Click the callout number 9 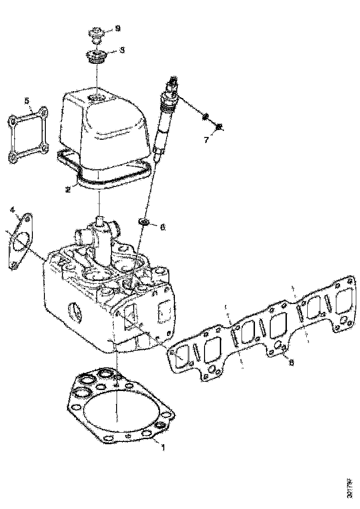(118, 29)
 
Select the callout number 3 (122, 50)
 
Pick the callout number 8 (291, 363)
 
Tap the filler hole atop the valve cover (96, 98)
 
